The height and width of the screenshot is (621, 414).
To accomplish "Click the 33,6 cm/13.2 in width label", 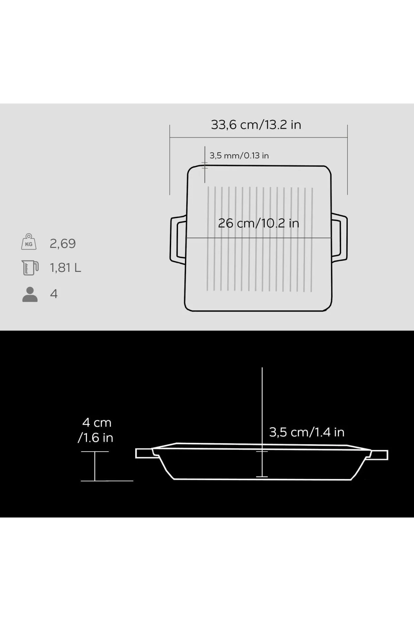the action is tap(256, 125).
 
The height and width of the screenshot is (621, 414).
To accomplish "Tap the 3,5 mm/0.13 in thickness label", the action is tap(239, 156).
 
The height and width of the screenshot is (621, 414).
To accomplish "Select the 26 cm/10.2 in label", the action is tap(258, 223).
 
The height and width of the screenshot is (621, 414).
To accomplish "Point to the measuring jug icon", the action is tap(30, 268).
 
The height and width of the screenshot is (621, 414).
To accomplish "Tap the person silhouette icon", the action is tap(30, 294).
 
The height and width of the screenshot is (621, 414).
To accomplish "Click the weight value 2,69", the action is tap(62, 244).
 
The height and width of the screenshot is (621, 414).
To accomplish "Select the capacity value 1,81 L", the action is tap(66, 268).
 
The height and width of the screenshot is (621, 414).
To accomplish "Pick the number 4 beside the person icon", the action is tap(54, 294).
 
